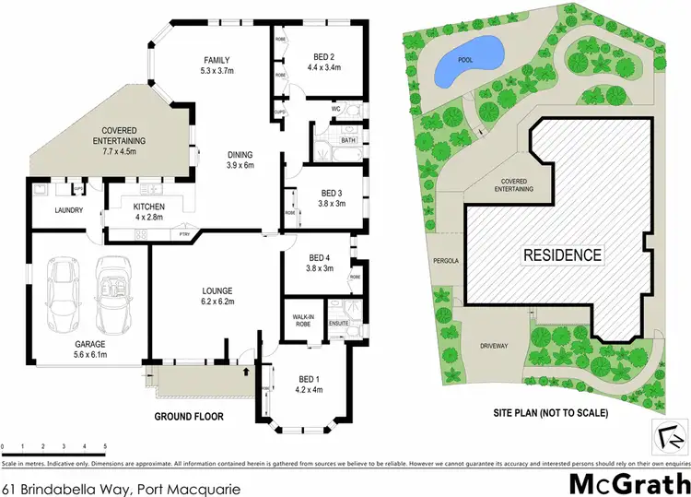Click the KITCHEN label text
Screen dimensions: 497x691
click(148, 207)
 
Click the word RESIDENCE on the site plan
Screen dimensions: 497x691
click(562, 254)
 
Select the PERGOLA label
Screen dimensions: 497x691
click(445, 261)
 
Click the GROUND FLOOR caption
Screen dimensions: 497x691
click(190, 417)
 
